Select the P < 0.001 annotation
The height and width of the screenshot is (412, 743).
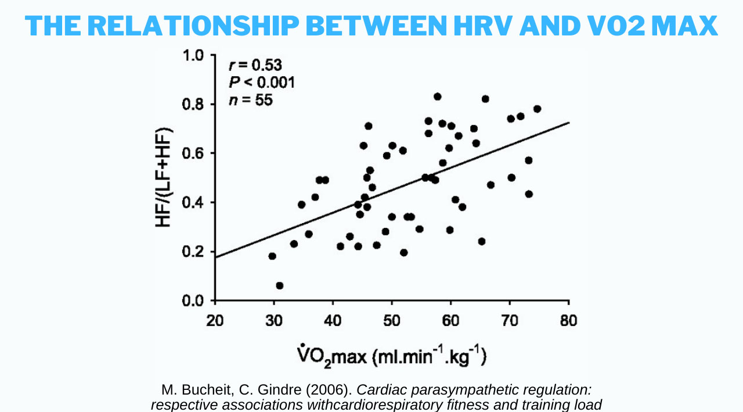(262, 82)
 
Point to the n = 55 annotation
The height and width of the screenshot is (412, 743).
(251, 99)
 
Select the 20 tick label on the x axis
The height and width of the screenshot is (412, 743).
(215, 321)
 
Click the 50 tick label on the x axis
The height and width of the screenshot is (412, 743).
(392, 321)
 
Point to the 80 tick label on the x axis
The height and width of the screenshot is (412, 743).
(569, 321)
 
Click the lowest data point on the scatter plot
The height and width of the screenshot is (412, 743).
(279, 285)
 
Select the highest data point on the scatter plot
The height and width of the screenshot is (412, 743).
(438, 96)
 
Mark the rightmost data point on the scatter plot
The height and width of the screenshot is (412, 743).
(537, 109)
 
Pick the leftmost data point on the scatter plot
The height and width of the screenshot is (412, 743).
(272, 256)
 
